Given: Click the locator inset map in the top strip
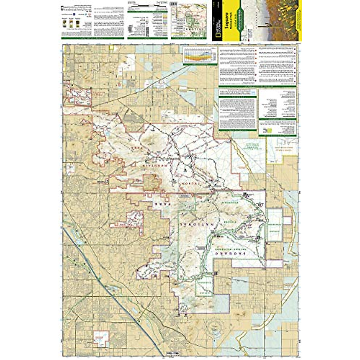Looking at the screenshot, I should coord(189,21).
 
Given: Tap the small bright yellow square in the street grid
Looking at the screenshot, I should coord(112,47).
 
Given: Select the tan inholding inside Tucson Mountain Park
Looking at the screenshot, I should coord(152,182).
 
